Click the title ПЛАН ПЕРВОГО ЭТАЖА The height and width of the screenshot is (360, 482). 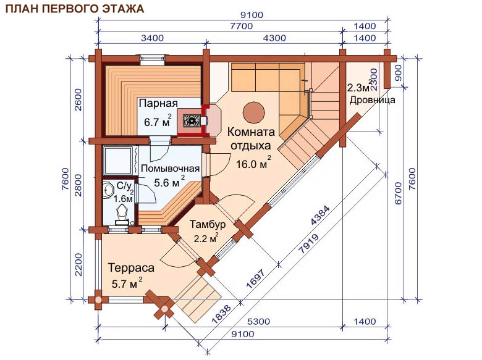point(75,9)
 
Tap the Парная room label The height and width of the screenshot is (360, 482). point(158,103)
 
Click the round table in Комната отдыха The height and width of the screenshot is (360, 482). point(253,113)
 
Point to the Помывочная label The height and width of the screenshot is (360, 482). point(170,169)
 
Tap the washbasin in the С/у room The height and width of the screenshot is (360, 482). point(108,191)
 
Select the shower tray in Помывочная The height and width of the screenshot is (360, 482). point(119,161)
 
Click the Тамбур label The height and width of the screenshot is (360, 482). point(207,224)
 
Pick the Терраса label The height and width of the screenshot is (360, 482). point(130,267)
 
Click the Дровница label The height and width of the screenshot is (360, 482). point(372,100)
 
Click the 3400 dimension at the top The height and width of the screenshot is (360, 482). point(152,38)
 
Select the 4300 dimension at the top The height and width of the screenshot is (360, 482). point(274,38)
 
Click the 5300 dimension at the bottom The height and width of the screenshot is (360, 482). point(258,322)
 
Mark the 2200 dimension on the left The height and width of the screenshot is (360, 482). point(78,264)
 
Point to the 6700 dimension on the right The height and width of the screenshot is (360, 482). point(398,193)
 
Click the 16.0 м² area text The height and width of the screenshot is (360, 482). point(253,163)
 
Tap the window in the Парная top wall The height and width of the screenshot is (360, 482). point(152,60)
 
